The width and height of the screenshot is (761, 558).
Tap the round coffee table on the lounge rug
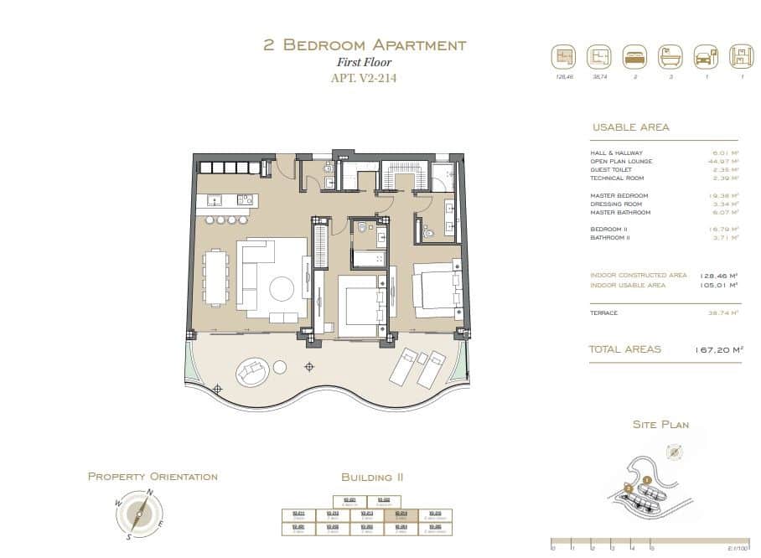coord(281,290)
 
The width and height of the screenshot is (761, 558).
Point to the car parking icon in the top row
coord(704,58)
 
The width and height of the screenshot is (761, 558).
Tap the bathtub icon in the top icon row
coord(670,58)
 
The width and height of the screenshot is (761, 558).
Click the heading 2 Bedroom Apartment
coord(365,45)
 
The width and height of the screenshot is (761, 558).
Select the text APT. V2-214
coord(365,79)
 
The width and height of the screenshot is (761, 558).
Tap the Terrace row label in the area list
coord(604,313)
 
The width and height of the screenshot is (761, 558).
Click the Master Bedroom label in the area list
coord(619,195)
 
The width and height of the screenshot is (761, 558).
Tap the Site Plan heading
coord(660,425)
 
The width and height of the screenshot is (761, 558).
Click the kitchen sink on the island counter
coord(213,200)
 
